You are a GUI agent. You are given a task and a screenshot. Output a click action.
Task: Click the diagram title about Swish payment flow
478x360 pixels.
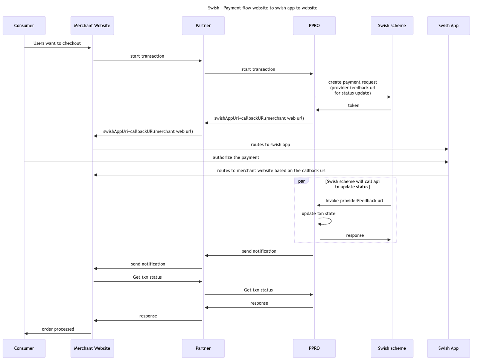[x=262, y=8]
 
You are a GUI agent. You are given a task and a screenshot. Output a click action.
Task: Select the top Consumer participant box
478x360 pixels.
[x=24, y=26]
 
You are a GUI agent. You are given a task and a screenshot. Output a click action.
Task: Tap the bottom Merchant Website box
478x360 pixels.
[x=92, y=348]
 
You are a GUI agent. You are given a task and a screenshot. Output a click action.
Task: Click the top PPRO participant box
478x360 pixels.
[x=314, y=26]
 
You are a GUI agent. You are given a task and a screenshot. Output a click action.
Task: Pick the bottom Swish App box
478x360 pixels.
[x=448, y=348]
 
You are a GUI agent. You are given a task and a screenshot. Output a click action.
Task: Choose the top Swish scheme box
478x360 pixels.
[x=392, y=26]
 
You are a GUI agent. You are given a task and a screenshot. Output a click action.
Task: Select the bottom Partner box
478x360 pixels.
[x=203, y=348]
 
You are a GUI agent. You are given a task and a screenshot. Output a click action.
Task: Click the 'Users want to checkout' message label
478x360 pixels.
[x=57, y=43]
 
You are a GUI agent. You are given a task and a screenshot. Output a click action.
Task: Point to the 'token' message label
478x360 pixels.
[x=353, y=105]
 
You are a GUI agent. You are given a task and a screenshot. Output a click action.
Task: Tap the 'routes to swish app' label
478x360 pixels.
[x=270, y=144]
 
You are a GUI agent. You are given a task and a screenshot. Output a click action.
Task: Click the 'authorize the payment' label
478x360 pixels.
[x=236, y=157]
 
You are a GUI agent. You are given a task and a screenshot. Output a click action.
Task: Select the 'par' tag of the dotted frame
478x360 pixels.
[x=301, y=181]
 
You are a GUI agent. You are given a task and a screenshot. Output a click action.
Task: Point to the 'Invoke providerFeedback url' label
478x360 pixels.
[x=354, y=201]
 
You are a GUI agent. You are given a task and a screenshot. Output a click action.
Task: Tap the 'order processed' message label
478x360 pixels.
[x=58, y=329]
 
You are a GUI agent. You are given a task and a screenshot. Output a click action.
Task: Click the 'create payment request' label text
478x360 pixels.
[x=353, y=82]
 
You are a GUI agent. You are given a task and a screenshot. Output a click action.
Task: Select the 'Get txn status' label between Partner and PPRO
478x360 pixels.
[x=258, y=290]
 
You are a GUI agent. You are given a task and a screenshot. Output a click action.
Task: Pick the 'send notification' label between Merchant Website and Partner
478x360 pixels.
[x=148, y=264]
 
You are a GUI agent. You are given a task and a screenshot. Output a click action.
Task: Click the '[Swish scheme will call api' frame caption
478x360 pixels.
[x=352, y=182]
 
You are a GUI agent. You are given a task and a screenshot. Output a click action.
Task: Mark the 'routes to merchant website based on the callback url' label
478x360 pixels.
[x=271, y=171]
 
